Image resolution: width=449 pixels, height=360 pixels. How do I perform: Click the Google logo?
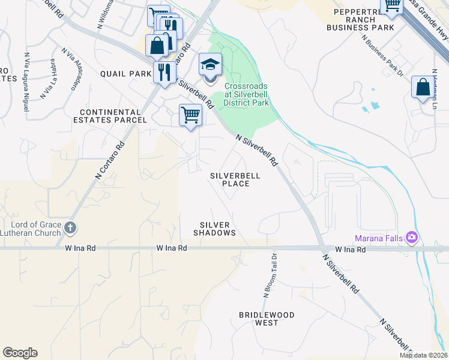[x=20, y=353]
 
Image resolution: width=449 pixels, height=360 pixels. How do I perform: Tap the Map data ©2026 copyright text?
[x=423, y=355]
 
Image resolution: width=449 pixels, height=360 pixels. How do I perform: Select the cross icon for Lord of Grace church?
[x=70, y=227]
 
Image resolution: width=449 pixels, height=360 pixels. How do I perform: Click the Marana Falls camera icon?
[x=411, y=238]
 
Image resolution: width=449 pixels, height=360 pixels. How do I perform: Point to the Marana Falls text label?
[x=377, y=238]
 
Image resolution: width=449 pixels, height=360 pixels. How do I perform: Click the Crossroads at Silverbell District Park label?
[x=246, y=94]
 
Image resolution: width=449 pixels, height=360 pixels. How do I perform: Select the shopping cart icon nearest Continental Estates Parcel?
[x=190, y=114]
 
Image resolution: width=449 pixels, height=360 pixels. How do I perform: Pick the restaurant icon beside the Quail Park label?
[x=164, y=73]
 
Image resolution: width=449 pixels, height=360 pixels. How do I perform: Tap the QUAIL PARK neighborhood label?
[x=125, y=74]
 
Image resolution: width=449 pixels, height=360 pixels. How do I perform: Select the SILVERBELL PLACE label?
[x=235, y=179]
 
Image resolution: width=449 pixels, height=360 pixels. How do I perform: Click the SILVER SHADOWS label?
[x=214, y=228]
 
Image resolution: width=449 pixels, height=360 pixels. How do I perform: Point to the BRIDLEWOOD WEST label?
[x=267, y=319]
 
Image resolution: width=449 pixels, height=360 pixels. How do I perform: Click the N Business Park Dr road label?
[x=382, y=55]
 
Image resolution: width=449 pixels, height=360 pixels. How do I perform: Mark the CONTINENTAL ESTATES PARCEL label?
[x=113, y=116]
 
